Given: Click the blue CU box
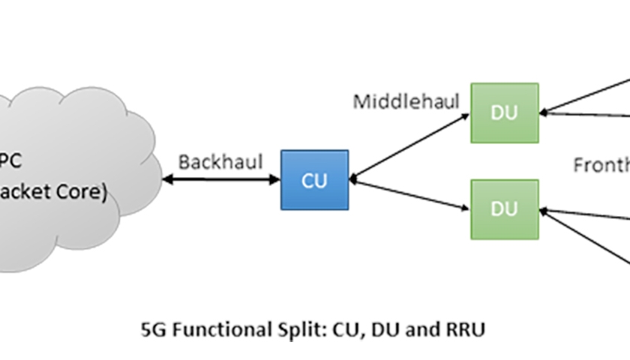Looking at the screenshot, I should point(314,179).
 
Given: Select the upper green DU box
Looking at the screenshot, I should point(504,112).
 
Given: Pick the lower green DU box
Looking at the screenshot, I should point(504,209).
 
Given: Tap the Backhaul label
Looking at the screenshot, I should point(220,161).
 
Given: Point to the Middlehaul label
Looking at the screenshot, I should point(406,101).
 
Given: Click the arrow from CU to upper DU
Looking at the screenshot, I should point(409,146).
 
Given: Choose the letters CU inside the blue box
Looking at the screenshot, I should point(314,180).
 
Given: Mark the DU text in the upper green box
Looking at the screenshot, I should point(504,112).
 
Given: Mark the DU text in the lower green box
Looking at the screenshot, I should point(504,209).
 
